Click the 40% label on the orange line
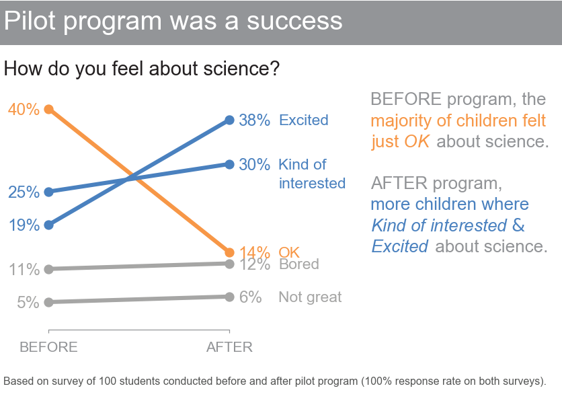pyautogui.click(x=24, y=109)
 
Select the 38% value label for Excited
pyautogui.click(x=255, y=120)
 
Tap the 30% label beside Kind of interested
pyautogui.click(x=255, y=165)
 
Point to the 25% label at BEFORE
pyautogui.click(x=24, y=192)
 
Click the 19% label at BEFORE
pyautogui.click(x=24, y=225)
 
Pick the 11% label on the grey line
pyautogui.click(x=24, y=270)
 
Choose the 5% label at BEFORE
pyautogui.click(x=28, y=303)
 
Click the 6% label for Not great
pyautogui.click(x=250, y=297)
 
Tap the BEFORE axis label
pyautogui.click(x=48, y=347)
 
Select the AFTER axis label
pyautogui.click(x=229, y=347)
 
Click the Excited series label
pyautogui.click(x=304, y=120)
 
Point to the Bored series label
pyautogui.click(x=299, y=264)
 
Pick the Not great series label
pyautogui.click(x=310, y=297)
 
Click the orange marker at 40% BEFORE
pyautogui.click(x=48, y=109)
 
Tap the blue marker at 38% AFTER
pyautogui.click(x=229, y=120)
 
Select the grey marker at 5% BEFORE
pyautogui.click(x=48, y=303)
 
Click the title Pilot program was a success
pyautogui.click(x=173, y=22)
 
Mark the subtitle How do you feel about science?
pyautogui.click(x=141, y=69)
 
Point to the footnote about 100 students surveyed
pyautogui.click(x=274, y=381)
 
